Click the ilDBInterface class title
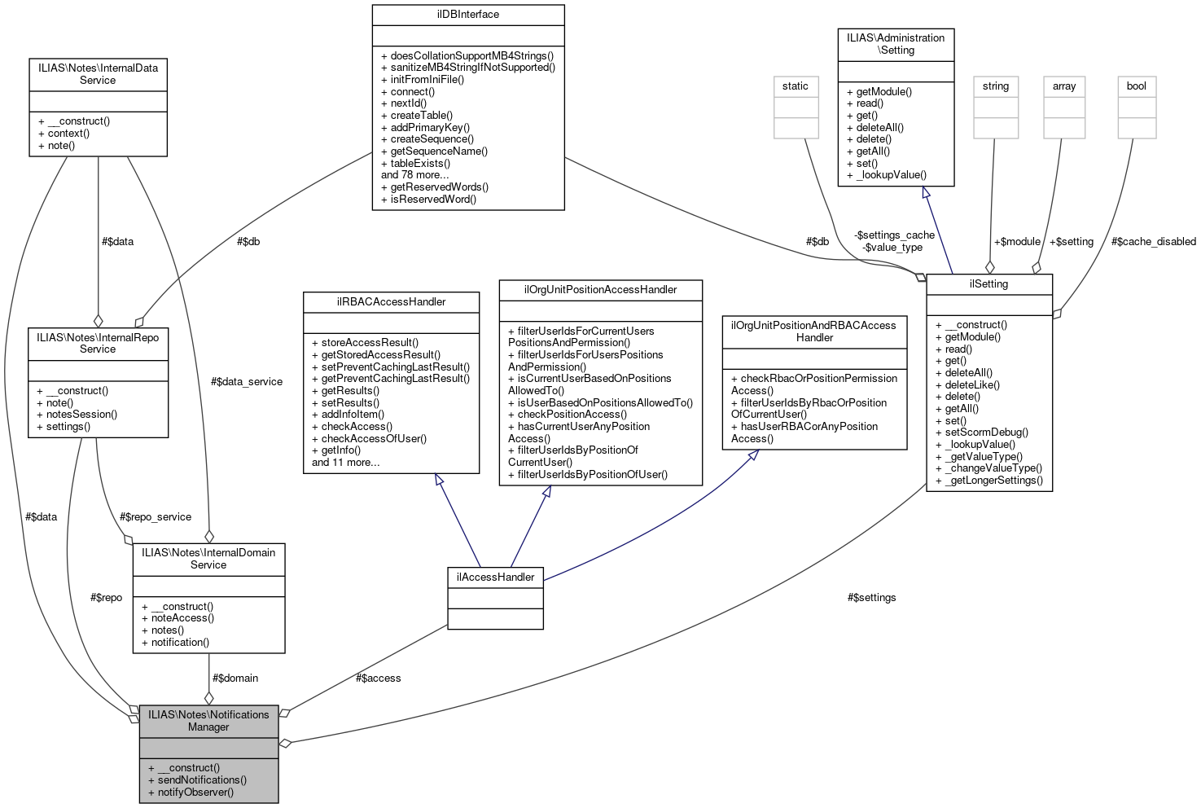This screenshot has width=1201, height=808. (x=467, y=15)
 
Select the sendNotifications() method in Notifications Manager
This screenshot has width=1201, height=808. (x=202, y=779)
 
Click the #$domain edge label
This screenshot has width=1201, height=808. (x=235, y=678)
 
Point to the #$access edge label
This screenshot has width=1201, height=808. (x=378, y=678)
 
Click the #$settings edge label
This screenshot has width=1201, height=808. (x=871, y=598)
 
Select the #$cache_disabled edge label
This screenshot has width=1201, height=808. (x=1154, y=242)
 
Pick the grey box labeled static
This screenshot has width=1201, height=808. (x=796, y=86)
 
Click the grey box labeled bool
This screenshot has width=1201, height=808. (x=1137, y=86)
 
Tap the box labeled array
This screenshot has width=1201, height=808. (x=1064, y=86)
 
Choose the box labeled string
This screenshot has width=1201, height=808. (x=995, y=86)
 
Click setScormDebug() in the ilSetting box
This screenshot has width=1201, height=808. (x=986, y=433)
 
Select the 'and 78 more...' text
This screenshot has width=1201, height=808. (x=415, y=175)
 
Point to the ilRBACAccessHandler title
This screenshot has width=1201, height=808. (x=391, y=302)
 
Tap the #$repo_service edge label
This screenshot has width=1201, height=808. (x=155, y=517)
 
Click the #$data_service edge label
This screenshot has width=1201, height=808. (x=246, y=382)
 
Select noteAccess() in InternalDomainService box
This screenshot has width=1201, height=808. (x=182, y=618)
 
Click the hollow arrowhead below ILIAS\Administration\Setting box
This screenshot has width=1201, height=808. (x=926, y=192)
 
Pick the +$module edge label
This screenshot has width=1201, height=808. (x=1017, y=242)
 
